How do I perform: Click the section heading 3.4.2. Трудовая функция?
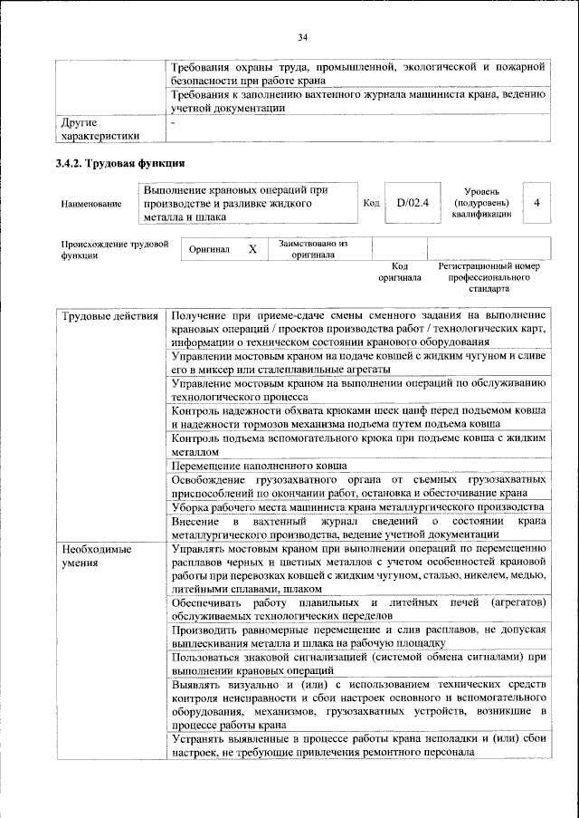[119, 164]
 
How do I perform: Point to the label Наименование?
[91, 205]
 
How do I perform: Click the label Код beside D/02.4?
[370, 203]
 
